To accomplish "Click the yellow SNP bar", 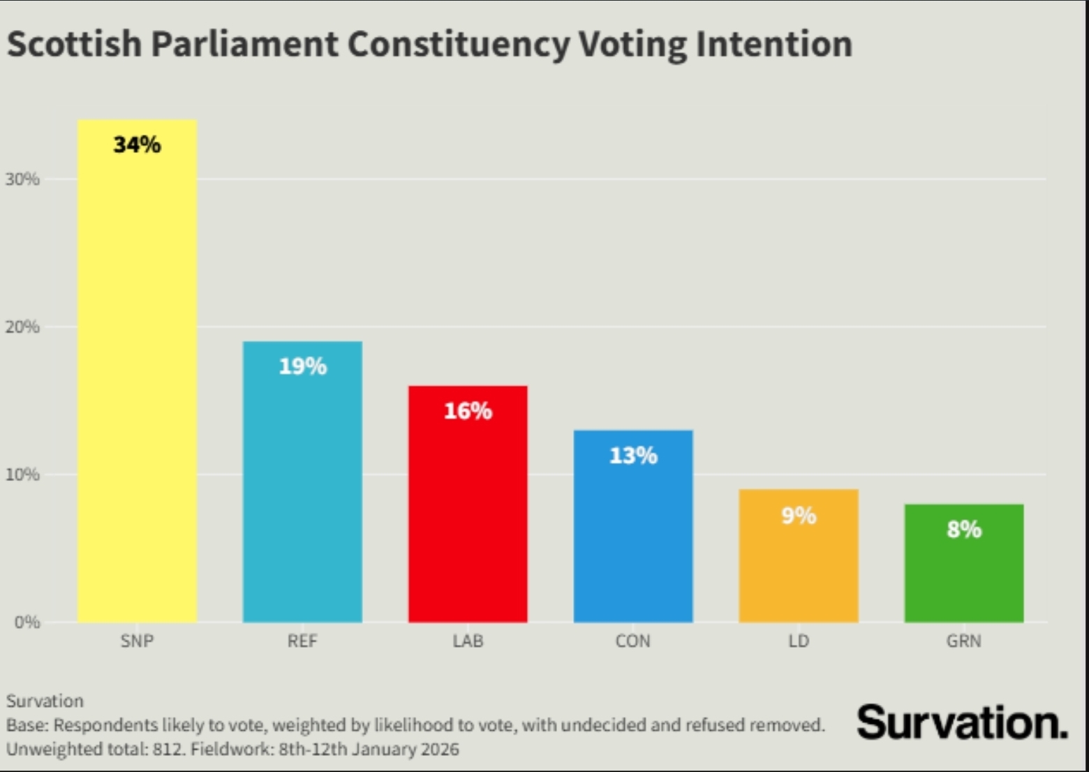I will [137, 384].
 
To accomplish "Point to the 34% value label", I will [137, 144].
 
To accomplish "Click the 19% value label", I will [302, 366].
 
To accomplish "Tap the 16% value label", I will [468, 410].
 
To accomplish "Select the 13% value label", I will [633, 455].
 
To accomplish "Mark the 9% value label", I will [799, 515].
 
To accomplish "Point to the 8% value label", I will [964, 529].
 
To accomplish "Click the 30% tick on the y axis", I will [22, 179].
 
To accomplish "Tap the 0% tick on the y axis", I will [27, 622].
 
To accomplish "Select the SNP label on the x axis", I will [137, 641].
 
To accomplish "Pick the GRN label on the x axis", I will [964, 641].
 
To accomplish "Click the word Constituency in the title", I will [459, 45].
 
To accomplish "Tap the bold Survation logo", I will [962, 722].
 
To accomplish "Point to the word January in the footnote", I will [387, 750].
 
